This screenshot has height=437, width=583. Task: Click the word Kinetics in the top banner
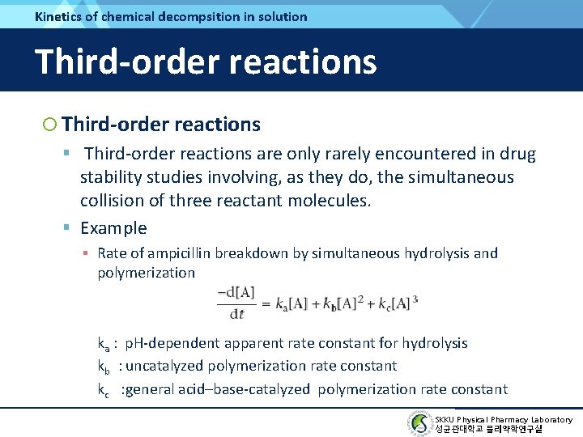(58, 16)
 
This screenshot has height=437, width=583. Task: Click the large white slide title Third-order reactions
(206, 62)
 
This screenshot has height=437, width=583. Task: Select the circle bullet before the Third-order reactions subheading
(50, 125)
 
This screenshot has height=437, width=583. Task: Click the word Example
(113, 228)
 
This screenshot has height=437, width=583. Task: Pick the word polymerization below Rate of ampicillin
(146, 273)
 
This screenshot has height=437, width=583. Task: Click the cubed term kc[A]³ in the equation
(395, 303)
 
